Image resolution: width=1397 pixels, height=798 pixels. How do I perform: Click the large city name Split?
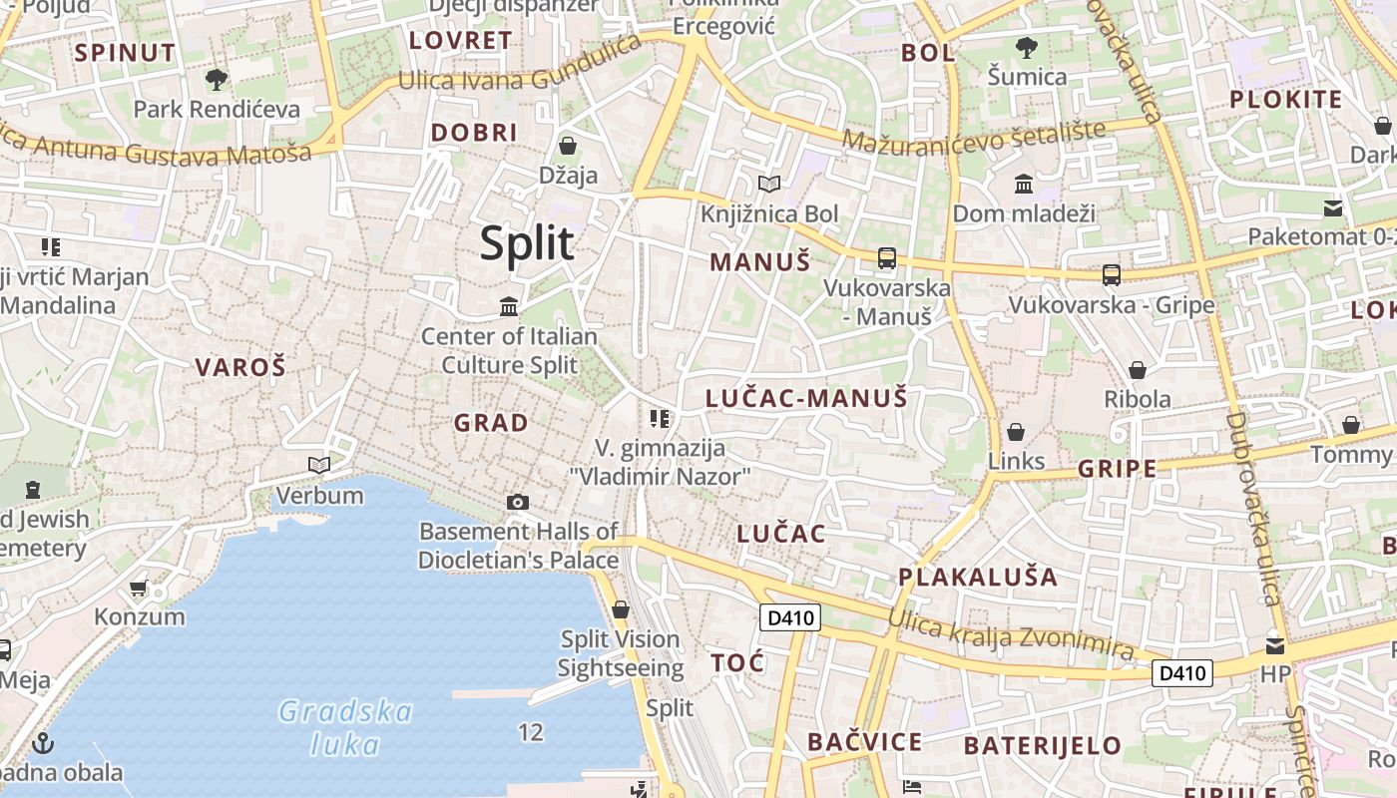(527, 243)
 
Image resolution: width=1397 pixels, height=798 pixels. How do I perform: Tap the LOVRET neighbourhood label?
(461, 41)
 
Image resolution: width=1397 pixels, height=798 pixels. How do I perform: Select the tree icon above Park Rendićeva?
(216, 79)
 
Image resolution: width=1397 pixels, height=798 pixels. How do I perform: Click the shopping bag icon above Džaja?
(568, 146)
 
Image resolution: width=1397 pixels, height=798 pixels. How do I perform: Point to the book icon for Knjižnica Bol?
(768, 184)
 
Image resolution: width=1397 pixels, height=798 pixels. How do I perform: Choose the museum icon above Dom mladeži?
(1023, 184)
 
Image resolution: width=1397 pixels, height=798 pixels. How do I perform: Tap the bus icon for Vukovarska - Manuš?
(886, 258)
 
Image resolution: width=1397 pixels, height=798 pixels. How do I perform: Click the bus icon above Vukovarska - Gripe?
(1111, 275)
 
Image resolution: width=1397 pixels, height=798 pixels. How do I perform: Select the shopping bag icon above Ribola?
(1137, 370)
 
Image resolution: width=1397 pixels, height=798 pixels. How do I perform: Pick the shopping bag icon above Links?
(1016, 432)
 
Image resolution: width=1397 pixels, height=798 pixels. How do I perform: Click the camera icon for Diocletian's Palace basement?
(517, 502)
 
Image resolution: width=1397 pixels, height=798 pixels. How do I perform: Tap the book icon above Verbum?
(319, 465)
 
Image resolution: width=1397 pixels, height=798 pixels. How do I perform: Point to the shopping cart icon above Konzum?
(139, 588)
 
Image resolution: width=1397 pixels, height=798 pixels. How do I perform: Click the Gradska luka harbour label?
(345, 727)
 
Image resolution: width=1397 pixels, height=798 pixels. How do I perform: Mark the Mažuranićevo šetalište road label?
(974, 136)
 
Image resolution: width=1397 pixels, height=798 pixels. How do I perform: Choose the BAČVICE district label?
(864, 742)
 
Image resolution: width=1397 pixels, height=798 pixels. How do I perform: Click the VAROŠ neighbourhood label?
(240, 367)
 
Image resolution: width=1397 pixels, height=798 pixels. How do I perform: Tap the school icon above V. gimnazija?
(659, 418)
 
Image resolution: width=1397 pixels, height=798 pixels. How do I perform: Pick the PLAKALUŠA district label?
(978, 577)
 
